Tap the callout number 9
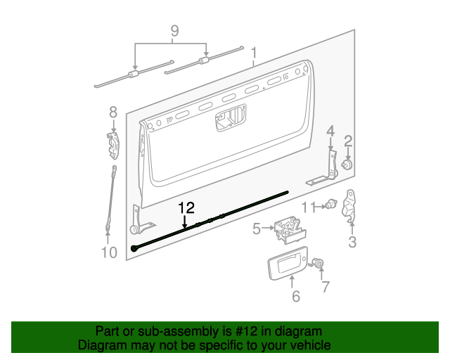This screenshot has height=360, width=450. click(x=174, y=31)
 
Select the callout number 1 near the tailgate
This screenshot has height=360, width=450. click(x=254, y=53)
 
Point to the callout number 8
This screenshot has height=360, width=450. click(x=112, y=112)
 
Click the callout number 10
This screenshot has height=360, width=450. click(x=109, y=252)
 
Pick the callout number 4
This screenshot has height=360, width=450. click(x=330, y=131)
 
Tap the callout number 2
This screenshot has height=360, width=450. click(x=348, y=141)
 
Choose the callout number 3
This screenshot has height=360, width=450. click(x=352, y=243)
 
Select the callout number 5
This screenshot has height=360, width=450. click(x=257, y=228)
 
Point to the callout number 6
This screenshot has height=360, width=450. click(x=295, y=297)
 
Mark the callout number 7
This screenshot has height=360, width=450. click(x=325, y=286)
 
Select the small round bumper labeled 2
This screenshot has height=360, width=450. click(x=347, y=165)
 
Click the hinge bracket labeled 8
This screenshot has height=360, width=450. click(x=113, y=146)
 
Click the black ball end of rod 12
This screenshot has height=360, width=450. click(x=134, y=249)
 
